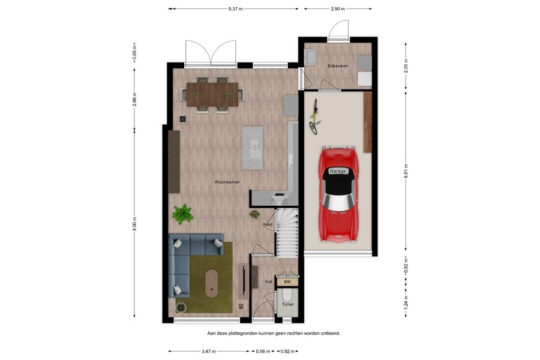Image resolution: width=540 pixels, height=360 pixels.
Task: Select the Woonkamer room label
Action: coord(227,181)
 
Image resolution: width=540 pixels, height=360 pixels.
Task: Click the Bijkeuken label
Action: coord(338,65)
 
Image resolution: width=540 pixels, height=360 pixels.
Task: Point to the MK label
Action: coord(287,281)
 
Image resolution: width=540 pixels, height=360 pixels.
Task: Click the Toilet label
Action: coord(288,305)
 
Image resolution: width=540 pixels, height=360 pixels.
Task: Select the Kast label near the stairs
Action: coord(268,224)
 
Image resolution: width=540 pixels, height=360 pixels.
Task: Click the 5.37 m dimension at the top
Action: coord(234,9)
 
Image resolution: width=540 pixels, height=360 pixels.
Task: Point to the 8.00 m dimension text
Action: coord(134,223)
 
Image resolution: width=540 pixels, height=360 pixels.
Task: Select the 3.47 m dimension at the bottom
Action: coord(209,351)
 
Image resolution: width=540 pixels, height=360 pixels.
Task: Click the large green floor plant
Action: coord(182,214)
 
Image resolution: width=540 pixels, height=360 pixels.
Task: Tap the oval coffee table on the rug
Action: coord(212,283)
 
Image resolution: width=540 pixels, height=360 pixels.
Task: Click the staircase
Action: coord(287,231)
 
